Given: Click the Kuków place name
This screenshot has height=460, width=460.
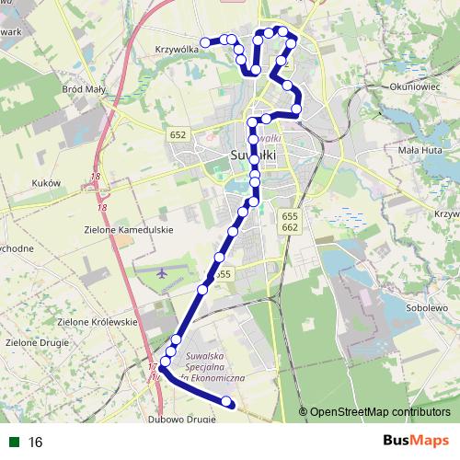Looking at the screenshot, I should point(45,183).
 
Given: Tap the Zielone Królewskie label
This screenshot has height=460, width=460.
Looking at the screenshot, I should point(97,322).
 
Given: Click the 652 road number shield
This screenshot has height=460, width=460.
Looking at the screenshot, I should point(178,134).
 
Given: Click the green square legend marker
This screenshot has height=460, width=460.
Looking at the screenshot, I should point(14,442).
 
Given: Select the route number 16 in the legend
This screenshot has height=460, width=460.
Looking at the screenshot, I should point(36,442).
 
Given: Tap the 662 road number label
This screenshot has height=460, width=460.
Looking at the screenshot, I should point(290,226).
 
